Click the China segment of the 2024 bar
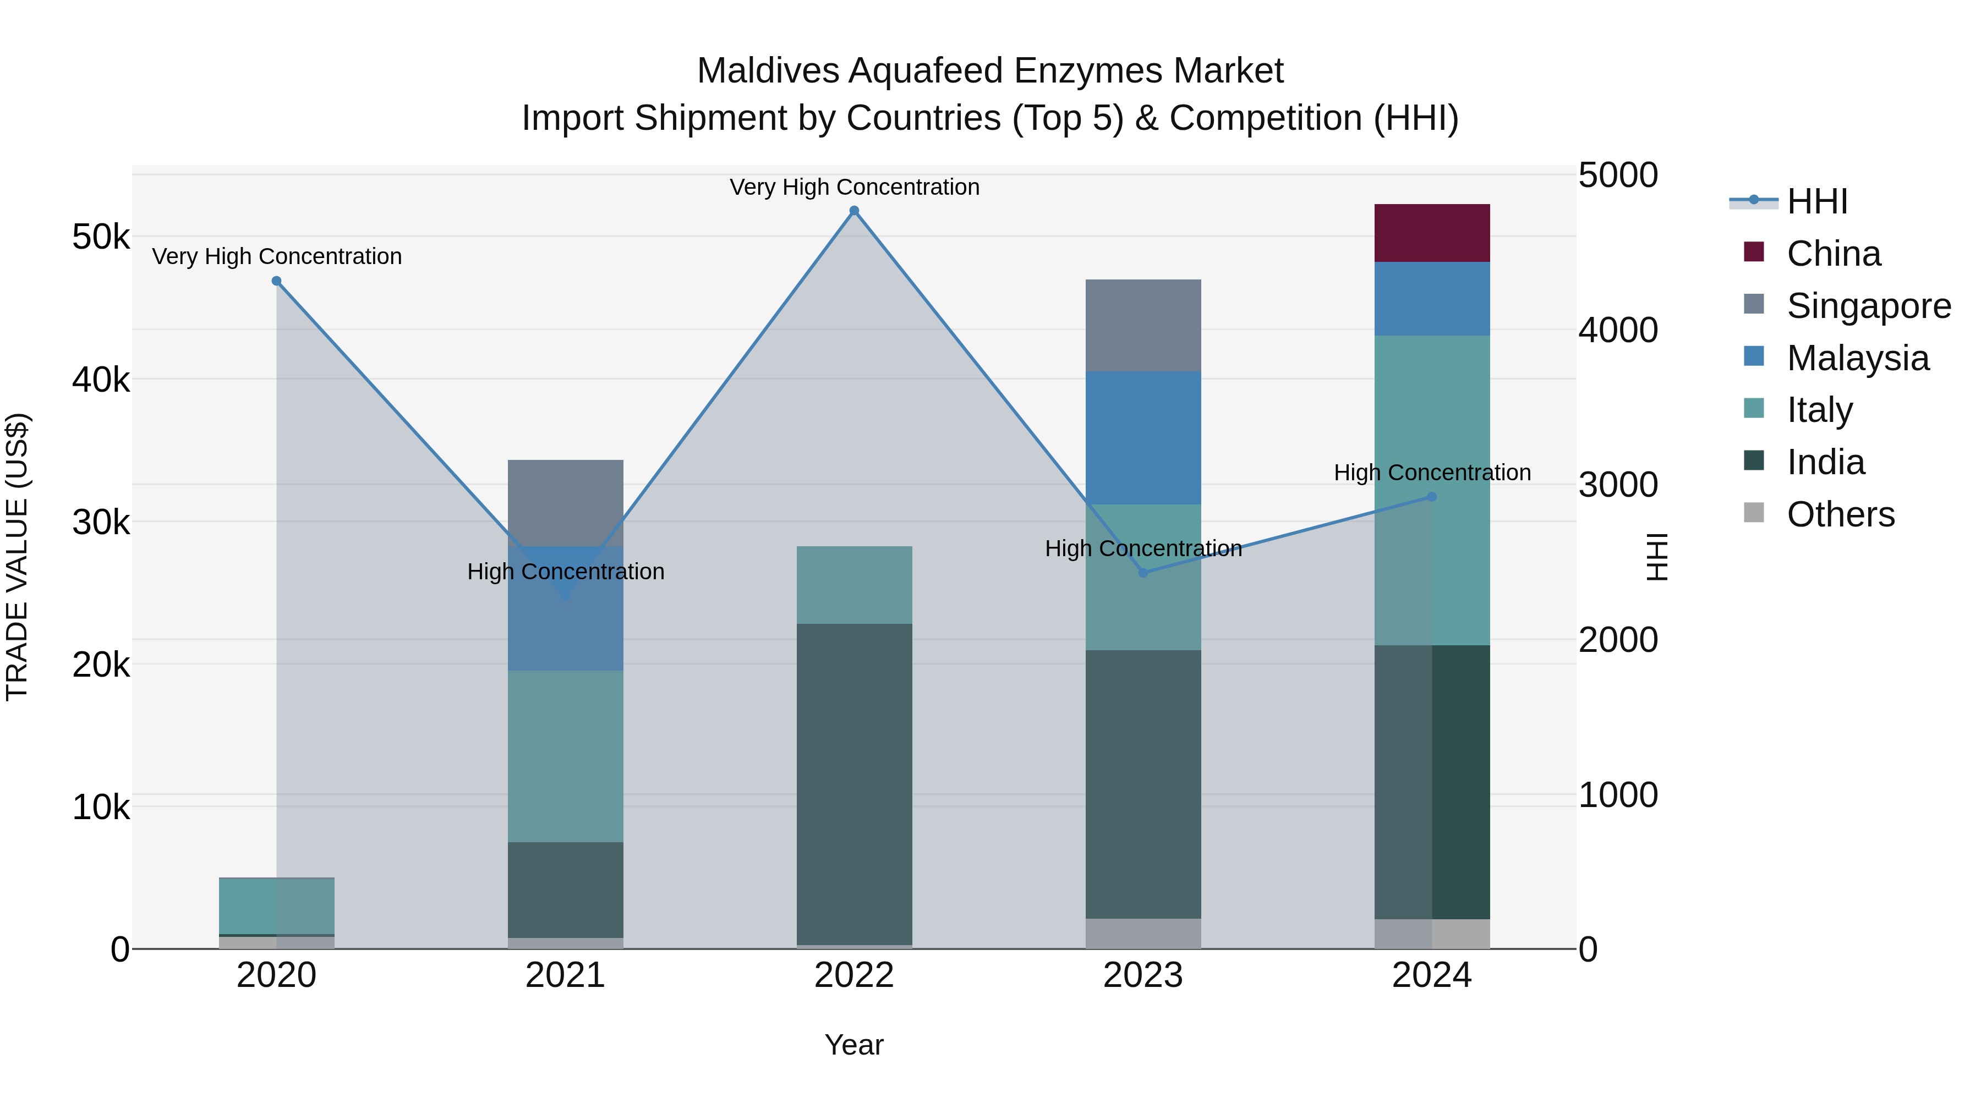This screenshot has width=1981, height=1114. click(1432, 233)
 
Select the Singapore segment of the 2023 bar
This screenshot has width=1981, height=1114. click(1143, 325)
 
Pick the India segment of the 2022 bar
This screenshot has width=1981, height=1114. click(853, 783)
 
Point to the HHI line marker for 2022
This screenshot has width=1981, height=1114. click(853, 211)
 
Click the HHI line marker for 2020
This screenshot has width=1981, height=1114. click(277, 281)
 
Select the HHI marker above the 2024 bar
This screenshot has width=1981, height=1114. click(1432, 497)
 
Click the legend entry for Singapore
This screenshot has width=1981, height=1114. click(1868, 306)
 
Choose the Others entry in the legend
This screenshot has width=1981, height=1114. click(1840, 514)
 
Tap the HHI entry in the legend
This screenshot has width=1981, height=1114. click(1816, 201)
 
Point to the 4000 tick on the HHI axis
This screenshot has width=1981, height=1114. click(1617, 330)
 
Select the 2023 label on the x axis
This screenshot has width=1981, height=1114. click(1143, 975)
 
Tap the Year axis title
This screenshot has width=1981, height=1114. click(853, 1045)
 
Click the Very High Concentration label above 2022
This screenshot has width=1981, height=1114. click(853, 187)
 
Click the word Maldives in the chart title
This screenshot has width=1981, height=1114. click(767, 71)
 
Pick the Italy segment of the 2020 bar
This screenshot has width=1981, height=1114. click(277, 906)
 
